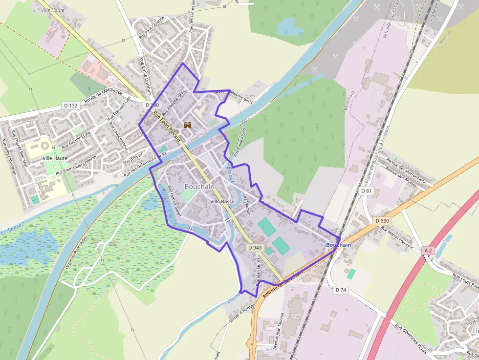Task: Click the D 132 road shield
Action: [x=71, y=106]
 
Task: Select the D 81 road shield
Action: [x=367, y=191]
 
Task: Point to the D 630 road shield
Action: [x=383, y=221]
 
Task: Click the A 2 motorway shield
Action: [x=428, y=251]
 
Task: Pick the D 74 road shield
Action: [x=341, y=290]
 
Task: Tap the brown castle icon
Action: [x=188, y=125]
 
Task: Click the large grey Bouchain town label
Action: [x=199, y=187]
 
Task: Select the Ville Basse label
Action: [x=222, y=201]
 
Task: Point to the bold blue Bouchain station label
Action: [x=338, y=245]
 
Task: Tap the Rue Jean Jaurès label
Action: [x=257, y=272]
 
